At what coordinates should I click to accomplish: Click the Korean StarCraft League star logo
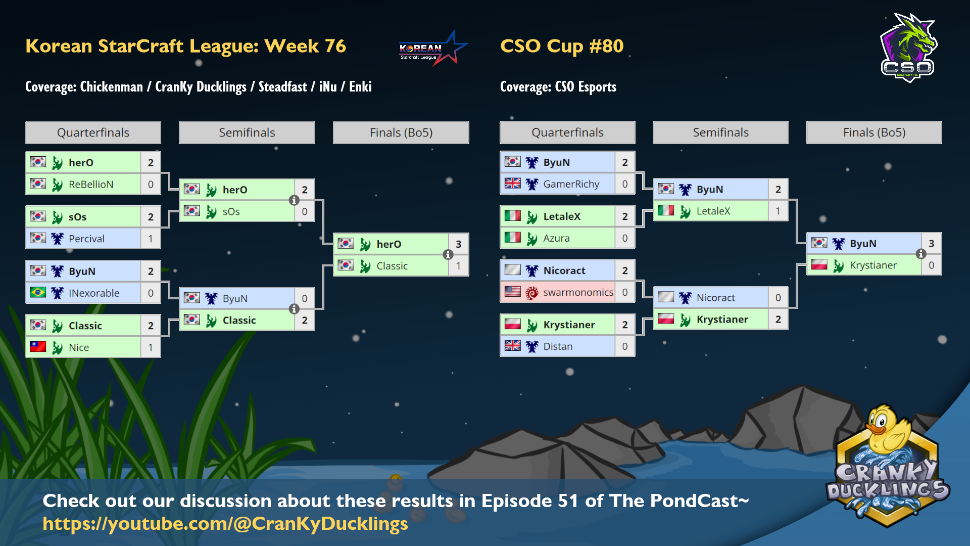433,49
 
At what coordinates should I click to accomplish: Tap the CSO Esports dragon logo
908,48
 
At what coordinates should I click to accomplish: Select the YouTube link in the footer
225,524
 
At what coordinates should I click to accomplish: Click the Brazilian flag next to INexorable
38,293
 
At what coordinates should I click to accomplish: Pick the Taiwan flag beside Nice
38,347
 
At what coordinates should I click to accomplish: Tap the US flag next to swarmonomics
512,292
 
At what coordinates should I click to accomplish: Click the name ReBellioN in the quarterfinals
91,185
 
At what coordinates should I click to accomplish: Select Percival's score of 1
151,239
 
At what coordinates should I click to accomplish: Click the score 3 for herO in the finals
458,244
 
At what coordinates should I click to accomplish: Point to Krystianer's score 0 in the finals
931,265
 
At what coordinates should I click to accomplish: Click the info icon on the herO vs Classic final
448,255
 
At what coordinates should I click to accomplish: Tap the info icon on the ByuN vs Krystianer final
921,254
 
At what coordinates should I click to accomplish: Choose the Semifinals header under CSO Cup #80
720,132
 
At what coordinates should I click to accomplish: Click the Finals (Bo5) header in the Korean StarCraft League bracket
401,132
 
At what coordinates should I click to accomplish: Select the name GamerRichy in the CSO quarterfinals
571,184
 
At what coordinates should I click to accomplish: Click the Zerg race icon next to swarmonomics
532,293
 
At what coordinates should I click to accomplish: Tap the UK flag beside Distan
512,346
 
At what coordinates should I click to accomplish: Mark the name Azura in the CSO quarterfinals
556,238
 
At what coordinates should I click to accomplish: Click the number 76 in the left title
335,46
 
